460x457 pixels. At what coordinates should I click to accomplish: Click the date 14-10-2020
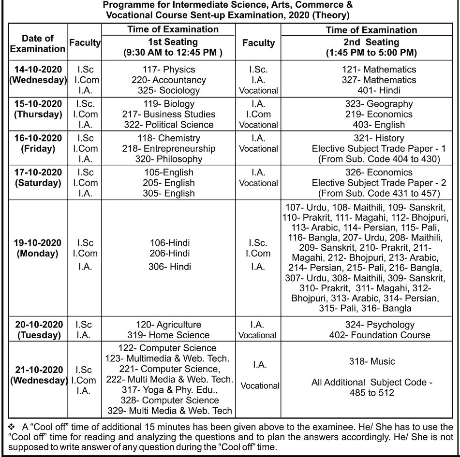point(38,70)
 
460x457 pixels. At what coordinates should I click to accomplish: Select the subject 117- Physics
point(168,70)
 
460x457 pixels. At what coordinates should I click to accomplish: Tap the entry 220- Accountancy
point(168,80)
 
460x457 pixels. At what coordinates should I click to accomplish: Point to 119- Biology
point(168,104)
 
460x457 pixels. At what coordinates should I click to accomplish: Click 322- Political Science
point(168,125)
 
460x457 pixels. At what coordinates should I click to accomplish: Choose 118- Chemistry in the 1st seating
point(168,139)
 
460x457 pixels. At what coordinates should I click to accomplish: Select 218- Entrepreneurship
point(168,149)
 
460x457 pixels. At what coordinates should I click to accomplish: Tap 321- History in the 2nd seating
point(378,139)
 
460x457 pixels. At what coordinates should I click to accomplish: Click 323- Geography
point(378,104)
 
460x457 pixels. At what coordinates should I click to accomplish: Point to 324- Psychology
point(379,325)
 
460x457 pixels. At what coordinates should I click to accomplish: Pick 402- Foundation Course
point(379,335)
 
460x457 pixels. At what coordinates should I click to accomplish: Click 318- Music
point(371,361)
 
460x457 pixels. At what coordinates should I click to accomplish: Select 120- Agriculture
point(168,325)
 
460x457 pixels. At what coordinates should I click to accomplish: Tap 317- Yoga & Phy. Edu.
point(169,390)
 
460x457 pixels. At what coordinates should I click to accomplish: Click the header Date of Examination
point(38,43)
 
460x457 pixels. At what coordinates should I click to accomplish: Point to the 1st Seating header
point(173,43)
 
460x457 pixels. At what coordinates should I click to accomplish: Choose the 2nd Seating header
point(371,43)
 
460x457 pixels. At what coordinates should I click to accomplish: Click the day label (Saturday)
point(38,183)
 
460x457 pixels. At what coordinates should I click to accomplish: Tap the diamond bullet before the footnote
point(12,427)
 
